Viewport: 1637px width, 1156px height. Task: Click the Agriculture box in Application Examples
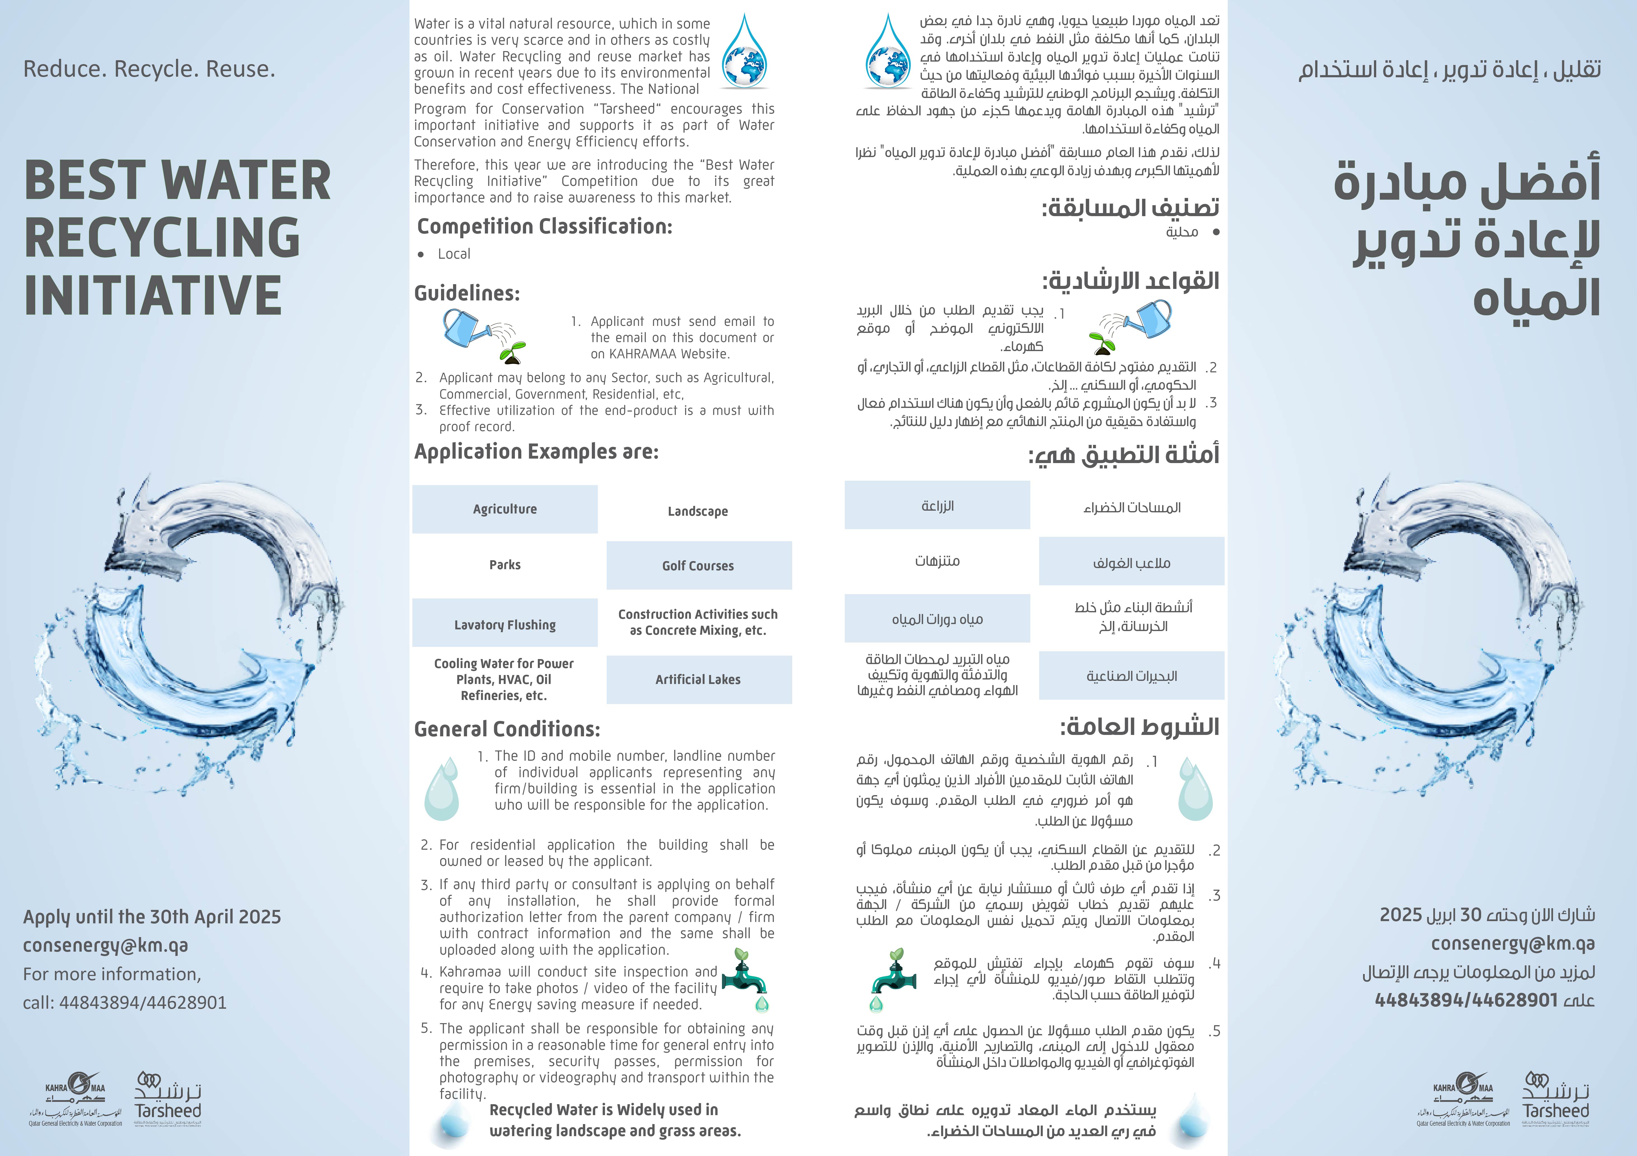coord(505,509)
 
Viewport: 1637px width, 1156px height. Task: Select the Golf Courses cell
coord(698,566)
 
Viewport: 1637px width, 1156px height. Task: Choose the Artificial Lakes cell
coord(698,679)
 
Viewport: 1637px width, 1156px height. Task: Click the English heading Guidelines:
coord(467,293)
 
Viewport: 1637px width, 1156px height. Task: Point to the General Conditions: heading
coord(507,729)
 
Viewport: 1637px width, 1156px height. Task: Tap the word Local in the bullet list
coord(454,254)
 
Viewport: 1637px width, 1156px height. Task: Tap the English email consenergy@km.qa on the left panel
coord(105,946)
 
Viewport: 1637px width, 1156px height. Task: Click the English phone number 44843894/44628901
coord(143,1003)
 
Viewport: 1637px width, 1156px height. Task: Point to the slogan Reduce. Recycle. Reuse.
coord(149,69)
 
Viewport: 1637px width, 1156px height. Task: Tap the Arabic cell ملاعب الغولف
coord(1132,563)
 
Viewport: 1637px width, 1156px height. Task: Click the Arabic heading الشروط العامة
coord(1139,727)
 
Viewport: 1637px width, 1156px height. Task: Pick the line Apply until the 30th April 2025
coord(152,917)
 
